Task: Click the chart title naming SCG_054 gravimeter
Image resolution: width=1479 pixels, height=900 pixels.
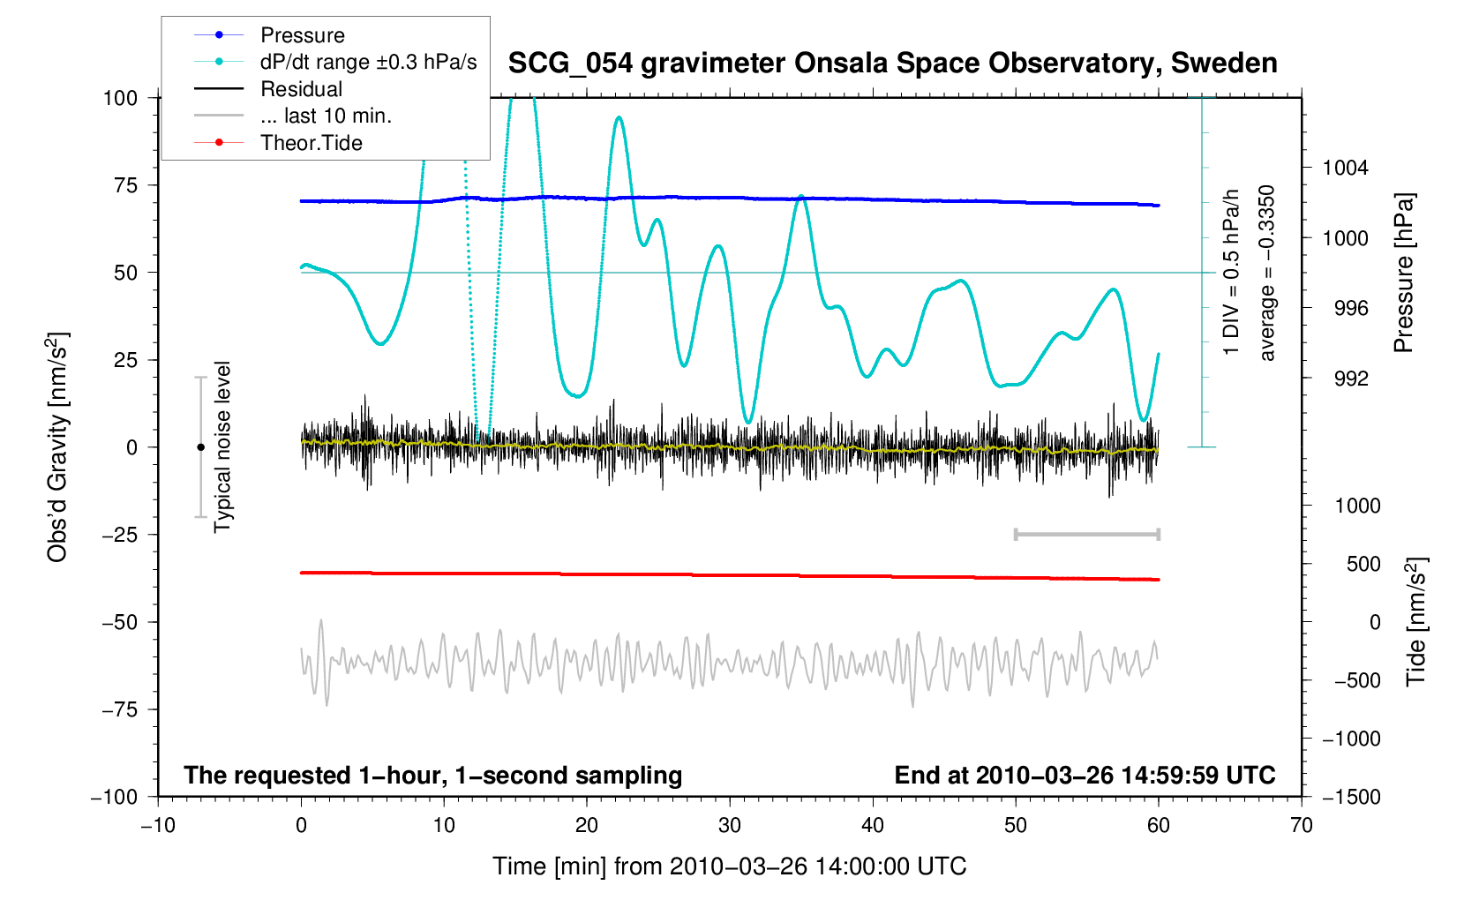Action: click(x=892, y=64)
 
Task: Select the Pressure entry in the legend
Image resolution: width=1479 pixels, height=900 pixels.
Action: click(x=302, y=35)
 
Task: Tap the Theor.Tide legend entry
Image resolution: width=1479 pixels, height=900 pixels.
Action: click(x=311, y=143)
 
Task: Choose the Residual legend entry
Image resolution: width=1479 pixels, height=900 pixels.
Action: click(x=301, y=89)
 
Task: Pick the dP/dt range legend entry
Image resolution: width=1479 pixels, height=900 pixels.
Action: click(x=368, y=62)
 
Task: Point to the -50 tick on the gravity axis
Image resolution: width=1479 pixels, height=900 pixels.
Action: click(x=120, y=622)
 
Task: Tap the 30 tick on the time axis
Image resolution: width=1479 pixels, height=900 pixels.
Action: click(x=730, y=826)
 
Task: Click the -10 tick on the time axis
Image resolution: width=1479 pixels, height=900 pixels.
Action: click(x=158, y=826)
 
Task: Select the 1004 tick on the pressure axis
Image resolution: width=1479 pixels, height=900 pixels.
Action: click(x=1345, y=169)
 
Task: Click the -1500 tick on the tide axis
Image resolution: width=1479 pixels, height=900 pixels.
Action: click(x=1351, y=798)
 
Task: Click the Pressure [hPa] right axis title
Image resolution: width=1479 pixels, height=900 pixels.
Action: click(x=1403, y=274)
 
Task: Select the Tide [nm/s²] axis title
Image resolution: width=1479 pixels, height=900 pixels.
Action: click(x=1416, y=622)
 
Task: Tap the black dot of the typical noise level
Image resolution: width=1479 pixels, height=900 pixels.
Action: click(x=200, y=447)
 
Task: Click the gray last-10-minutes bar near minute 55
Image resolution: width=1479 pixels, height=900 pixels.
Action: click(x=1087, y=535)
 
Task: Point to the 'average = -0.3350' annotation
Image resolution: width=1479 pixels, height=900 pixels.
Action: click(x=1267, y=274)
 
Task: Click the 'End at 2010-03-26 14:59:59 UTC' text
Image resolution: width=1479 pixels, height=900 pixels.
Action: click(x=1085, y=776)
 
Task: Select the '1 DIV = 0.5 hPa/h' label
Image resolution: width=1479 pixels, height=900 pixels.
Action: click(x=1232, y=274)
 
